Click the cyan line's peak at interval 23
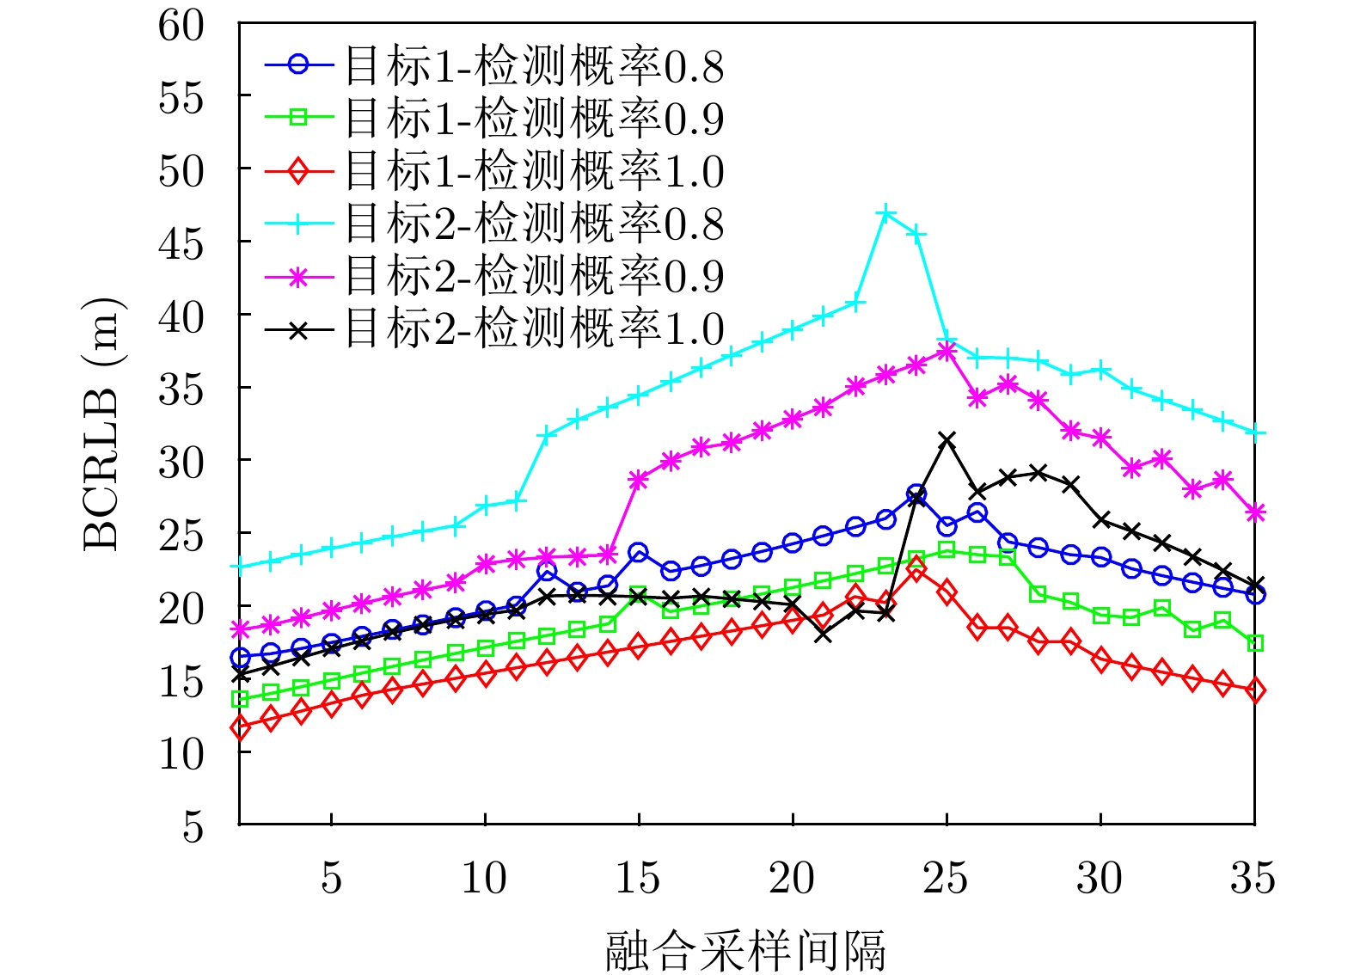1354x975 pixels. [x=885, y=213]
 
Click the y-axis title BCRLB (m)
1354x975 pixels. [x=102, y=425]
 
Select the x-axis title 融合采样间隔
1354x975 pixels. [x=744, y=951]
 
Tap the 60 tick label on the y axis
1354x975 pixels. [x=181, y=25]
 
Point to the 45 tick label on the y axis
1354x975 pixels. [x=181, y=244]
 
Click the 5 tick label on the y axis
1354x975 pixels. [x=193, y=826]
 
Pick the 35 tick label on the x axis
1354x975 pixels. [x=1253, y=879]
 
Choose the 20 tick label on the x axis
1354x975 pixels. [x=792, y=879]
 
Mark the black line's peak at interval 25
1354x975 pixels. [x=947, y=440]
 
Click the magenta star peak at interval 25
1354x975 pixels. [x=947, y=351]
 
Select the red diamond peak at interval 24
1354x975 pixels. [x=916, y=569]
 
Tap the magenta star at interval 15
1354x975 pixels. [x=638, y=480]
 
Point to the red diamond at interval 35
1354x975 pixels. [x=1255, y=690]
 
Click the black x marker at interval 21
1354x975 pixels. [x=823, y=635]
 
